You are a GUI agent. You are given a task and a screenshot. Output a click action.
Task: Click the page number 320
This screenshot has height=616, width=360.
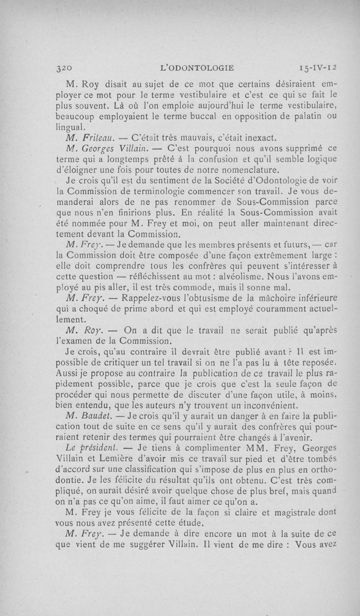[62, 68]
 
